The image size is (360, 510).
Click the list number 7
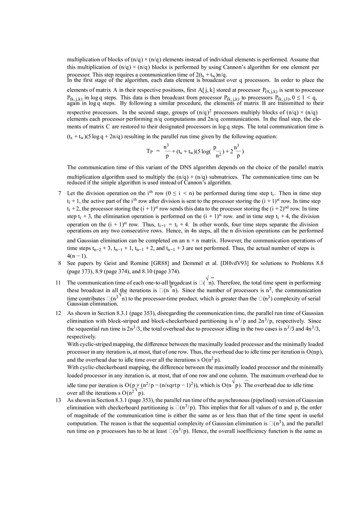tap(59, 193)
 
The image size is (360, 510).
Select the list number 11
tap(58, 283)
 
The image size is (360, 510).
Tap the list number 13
tap(58, 400)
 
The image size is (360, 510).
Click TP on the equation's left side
tap(149, 151)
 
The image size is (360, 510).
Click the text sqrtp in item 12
tap(175, 385)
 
